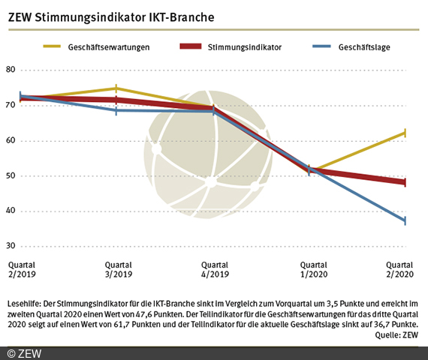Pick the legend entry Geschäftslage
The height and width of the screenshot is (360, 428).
(363, 46)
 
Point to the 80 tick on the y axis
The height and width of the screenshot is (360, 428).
(11, 70)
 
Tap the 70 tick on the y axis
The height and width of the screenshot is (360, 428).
(11, 106)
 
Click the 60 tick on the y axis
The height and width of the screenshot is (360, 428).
(11, 141)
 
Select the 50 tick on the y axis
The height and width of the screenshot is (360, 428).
(11, 176)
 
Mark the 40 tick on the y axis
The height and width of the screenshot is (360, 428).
(11, 211)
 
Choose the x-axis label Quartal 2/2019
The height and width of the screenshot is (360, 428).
(23, 269)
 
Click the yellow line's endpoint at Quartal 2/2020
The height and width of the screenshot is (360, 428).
(405, 133)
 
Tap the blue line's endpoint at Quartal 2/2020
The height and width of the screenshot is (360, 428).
(405, 221)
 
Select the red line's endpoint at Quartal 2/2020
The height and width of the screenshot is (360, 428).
(405, 182)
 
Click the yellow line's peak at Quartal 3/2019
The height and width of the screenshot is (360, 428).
(116, 88)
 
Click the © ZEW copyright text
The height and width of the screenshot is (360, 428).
(24, 352)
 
